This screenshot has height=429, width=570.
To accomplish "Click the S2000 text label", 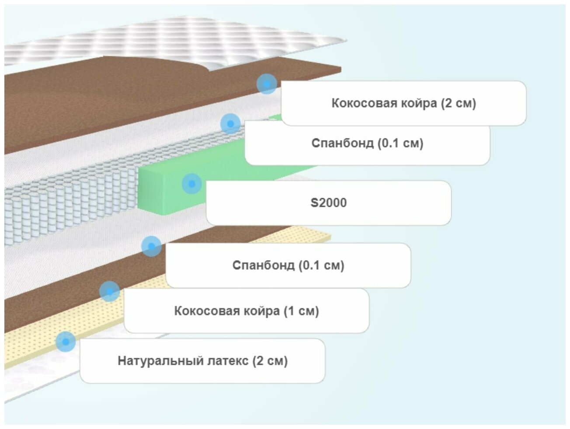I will click(x=328, y=202).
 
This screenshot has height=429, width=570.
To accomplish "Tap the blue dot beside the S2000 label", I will click(x=191, y=184).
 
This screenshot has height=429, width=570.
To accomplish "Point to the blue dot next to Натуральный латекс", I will click(x=66, y=342).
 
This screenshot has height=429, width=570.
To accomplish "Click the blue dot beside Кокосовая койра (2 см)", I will click(x=266, y=83).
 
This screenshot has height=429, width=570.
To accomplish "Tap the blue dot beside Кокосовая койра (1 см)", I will click(x=109, y=291).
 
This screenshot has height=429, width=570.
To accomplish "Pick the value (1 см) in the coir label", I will click(x=301, y=311).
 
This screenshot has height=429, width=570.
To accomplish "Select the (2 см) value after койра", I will click(x=458, y=103).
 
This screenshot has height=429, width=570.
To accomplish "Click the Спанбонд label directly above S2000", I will click(x=367, y=143).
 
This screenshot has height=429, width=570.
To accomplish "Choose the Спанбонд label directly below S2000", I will click(x=288, y=265).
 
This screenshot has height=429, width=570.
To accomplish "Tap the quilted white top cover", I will click(x=175, y=39).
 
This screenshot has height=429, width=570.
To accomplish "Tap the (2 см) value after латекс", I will click(x=270, y=361).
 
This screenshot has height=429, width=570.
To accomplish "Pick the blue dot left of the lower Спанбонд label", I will click(x=151, y=246).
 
